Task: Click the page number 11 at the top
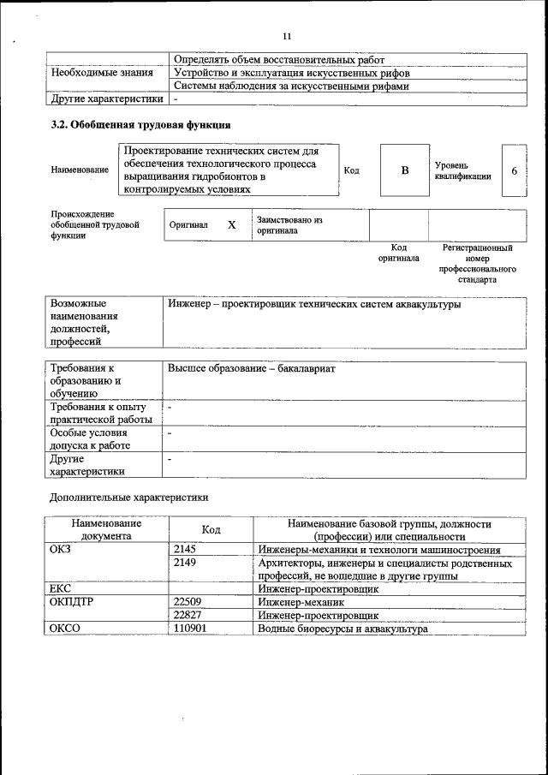click(x=286, y=35)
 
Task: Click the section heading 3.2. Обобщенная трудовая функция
click(x=140, y=126)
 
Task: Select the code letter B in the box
click(x=405, y=170)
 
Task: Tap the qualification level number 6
click(x=514, y=170)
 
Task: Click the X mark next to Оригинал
click(x=231, y=225)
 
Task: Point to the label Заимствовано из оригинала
click(x=289, y=225)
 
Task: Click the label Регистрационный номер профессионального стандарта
click(x=477, y=263)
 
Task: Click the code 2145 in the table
click(x=185, y=550)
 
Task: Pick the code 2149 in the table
click(x=185, y=563)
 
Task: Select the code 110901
click(x=189, y=629)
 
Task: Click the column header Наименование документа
click(x=106, y=529)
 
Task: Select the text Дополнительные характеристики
click(x=128, y=497)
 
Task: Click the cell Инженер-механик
click(x=301, y=602)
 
